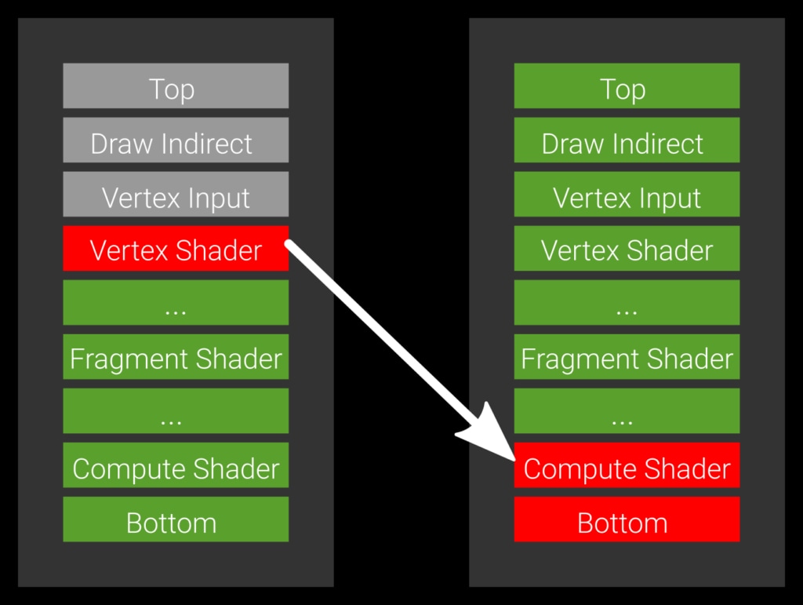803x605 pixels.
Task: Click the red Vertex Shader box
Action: (x=176, y=249)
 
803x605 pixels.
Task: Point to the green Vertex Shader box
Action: (x=627, y=249)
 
